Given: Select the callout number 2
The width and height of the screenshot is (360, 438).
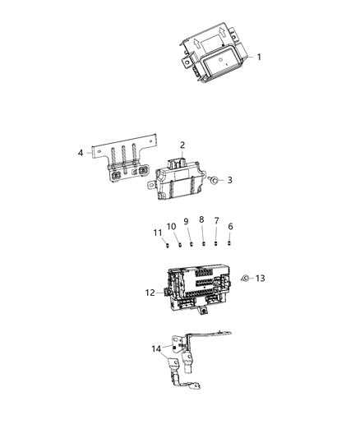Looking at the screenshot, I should coord(182,145).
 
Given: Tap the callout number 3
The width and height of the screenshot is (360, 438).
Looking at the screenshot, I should coord(230,180).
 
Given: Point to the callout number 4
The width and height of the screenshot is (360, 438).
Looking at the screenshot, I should coord(81,152).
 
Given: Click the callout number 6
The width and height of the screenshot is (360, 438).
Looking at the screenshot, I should coord(230,226).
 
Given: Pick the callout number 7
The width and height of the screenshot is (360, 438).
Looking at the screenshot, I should coord(216,221).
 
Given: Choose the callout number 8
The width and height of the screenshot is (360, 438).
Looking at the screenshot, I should coord(201,219).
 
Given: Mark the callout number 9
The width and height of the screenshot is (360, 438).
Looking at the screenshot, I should coord(186,221).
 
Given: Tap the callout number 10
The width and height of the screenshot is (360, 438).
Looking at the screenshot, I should coord(172,226).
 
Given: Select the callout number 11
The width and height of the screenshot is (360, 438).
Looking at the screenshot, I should coord(157,233).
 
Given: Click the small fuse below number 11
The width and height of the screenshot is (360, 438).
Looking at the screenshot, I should coord(166,243).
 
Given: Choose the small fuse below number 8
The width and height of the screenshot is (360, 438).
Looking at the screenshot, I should coord(203,243).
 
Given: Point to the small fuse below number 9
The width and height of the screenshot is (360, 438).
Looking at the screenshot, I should coord(191,243).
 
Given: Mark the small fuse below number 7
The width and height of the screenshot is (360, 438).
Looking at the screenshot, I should coord(216,243).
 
